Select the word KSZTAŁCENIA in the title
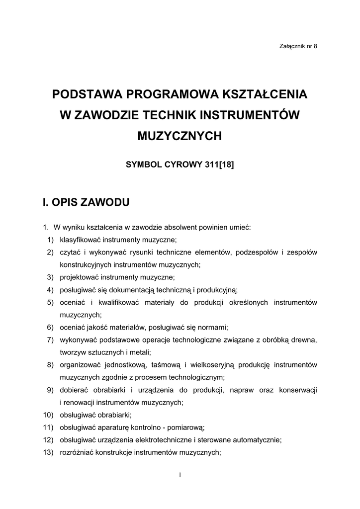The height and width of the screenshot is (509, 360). click(x=265, y=94)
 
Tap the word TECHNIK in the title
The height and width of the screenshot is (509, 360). click(x=169, y=115)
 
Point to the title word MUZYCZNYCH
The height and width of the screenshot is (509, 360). click(x=180, y=136)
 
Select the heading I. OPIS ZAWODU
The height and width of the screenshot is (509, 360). click(x=86, y=202)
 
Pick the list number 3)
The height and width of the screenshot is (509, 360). click(x=50, y=277)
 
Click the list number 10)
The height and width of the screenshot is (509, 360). click(x=49, y=415)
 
